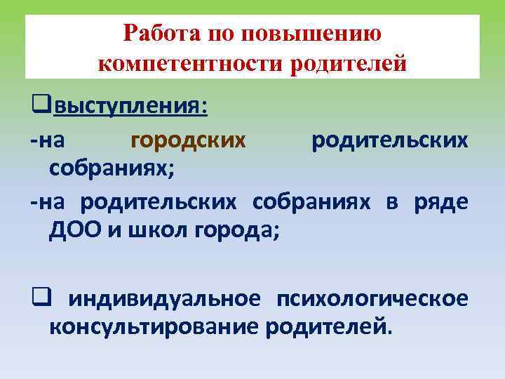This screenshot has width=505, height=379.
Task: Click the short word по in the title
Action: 221,34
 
